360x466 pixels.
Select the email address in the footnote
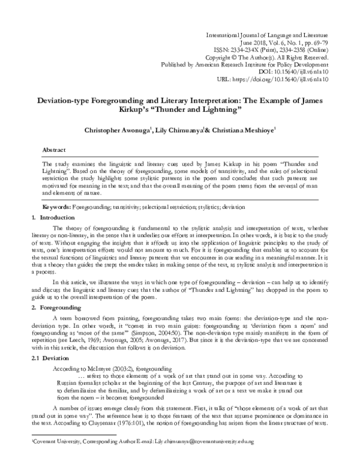pos(197,458)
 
